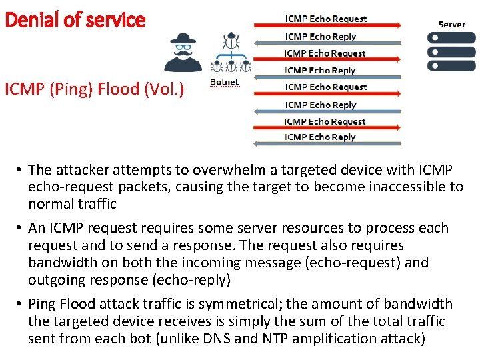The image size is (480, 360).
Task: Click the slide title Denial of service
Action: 75,19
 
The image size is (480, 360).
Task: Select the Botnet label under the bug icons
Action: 224,82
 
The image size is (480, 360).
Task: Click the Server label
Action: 451,24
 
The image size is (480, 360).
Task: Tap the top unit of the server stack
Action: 451,37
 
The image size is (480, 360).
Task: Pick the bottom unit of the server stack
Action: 451,65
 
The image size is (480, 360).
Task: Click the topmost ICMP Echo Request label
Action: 326,19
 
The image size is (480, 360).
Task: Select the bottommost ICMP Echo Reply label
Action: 321,137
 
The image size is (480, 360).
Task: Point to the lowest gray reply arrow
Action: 327,144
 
